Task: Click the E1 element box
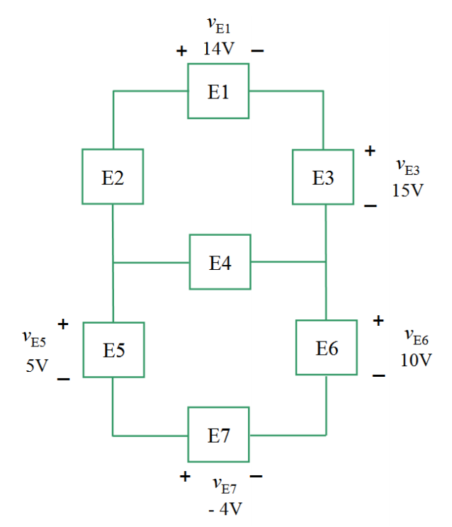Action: click(218, 91)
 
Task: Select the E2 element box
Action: click(113, 177)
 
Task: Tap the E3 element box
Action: click(323, 177)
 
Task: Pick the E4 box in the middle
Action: click(220, 262)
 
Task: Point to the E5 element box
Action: click(113, 350)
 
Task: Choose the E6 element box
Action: click(327, 348)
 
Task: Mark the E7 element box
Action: click(218, 434)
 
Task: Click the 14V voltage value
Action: click(219, 50)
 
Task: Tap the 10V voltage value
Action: click(415, 359)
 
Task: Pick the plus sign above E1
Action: click(182, 51)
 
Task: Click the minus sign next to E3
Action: click(370, 205)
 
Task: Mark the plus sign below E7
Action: click(185, 476)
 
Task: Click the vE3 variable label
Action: click(408, 167)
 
